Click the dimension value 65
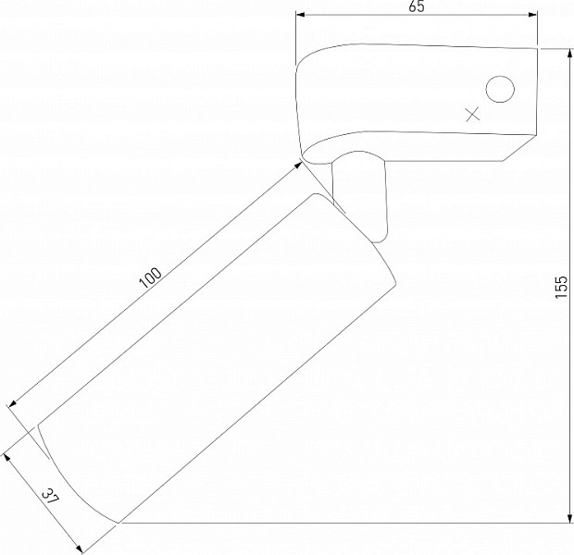[417, 6]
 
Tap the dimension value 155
[561, 287]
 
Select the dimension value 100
[151, 278]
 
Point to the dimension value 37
[50, 497]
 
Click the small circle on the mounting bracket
[500, 90]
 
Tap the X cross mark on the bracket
[473, 115]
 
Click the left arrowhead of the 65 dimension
[300, 15]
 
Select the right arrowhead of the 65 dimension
[532, 15]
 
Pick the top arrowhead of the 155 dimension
[569, 54]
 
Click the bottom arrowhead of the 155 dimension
[569, 518]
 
